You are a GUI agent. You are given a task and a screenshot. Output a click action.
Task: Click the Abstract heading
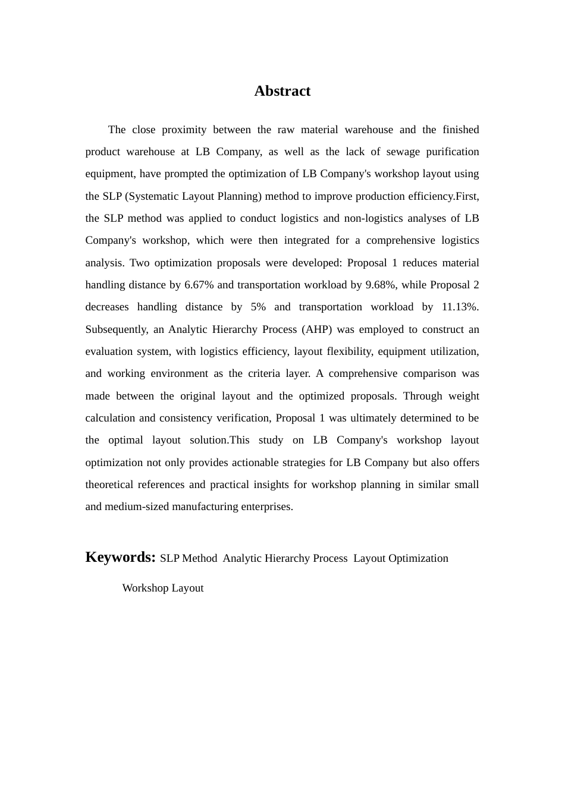(282, 91)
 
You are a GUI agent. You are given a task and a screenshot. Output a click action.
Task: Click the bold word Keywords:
(120, 557)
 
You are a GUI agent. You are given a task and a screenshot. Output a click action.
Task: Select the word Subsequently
(117, 329)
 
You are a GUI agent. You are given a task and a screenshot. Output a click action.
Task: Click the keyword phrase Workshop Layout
(163, 588)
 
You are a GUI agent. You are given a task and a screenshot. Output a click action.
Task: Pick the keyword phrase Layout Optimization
(401, 558)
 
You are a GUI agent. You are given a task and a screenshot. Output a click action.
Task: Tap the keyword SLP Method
(189, 558)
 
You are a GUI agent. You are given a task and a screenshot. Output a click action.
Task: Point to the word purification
(453, 152)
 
